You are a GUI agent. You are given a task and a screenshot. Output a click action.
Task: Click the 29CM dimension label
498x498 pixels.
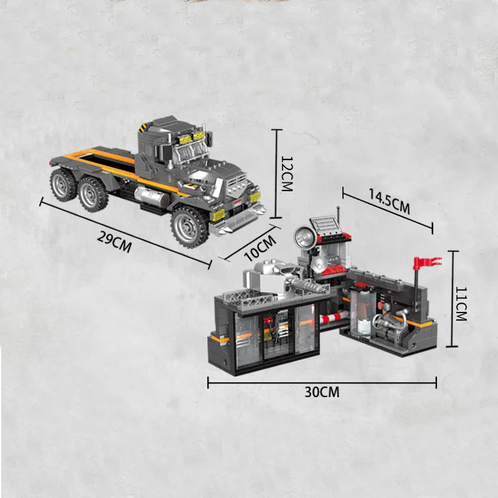click(x=114, y=242)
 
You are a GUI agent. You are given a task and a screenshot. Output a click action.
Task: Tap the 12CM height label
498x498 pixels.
click(x=286, y=174)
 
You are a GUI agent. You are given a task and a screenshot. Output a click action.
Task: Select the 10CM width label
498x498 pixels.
click(x=260, y=248)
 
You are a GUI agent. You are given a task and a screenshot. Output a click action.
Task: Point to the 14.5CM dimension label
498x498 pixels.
click(x=389, y=201)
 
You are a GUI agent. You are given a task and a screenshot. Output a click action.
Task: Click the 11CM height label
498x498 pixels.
click(x=461, y=304)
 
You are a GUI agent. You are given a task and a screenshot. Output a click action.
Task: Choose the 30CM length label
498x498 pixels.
click(x=322, y=392)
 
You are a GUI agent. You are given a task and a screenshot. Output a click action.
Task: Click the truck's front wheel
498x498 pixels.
click(x=189, y=227)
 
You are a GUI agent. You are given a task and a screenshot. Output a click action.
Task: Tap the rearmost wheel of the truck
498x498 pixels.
click(x=63, y=184)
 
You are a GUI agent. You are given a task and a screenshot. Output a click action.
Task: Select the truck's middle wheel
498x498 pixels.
click(x=92, y=194)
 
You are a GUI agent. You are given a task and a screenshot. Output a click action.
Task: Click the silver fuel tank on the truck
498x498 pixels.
click(x=152, y=196)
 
